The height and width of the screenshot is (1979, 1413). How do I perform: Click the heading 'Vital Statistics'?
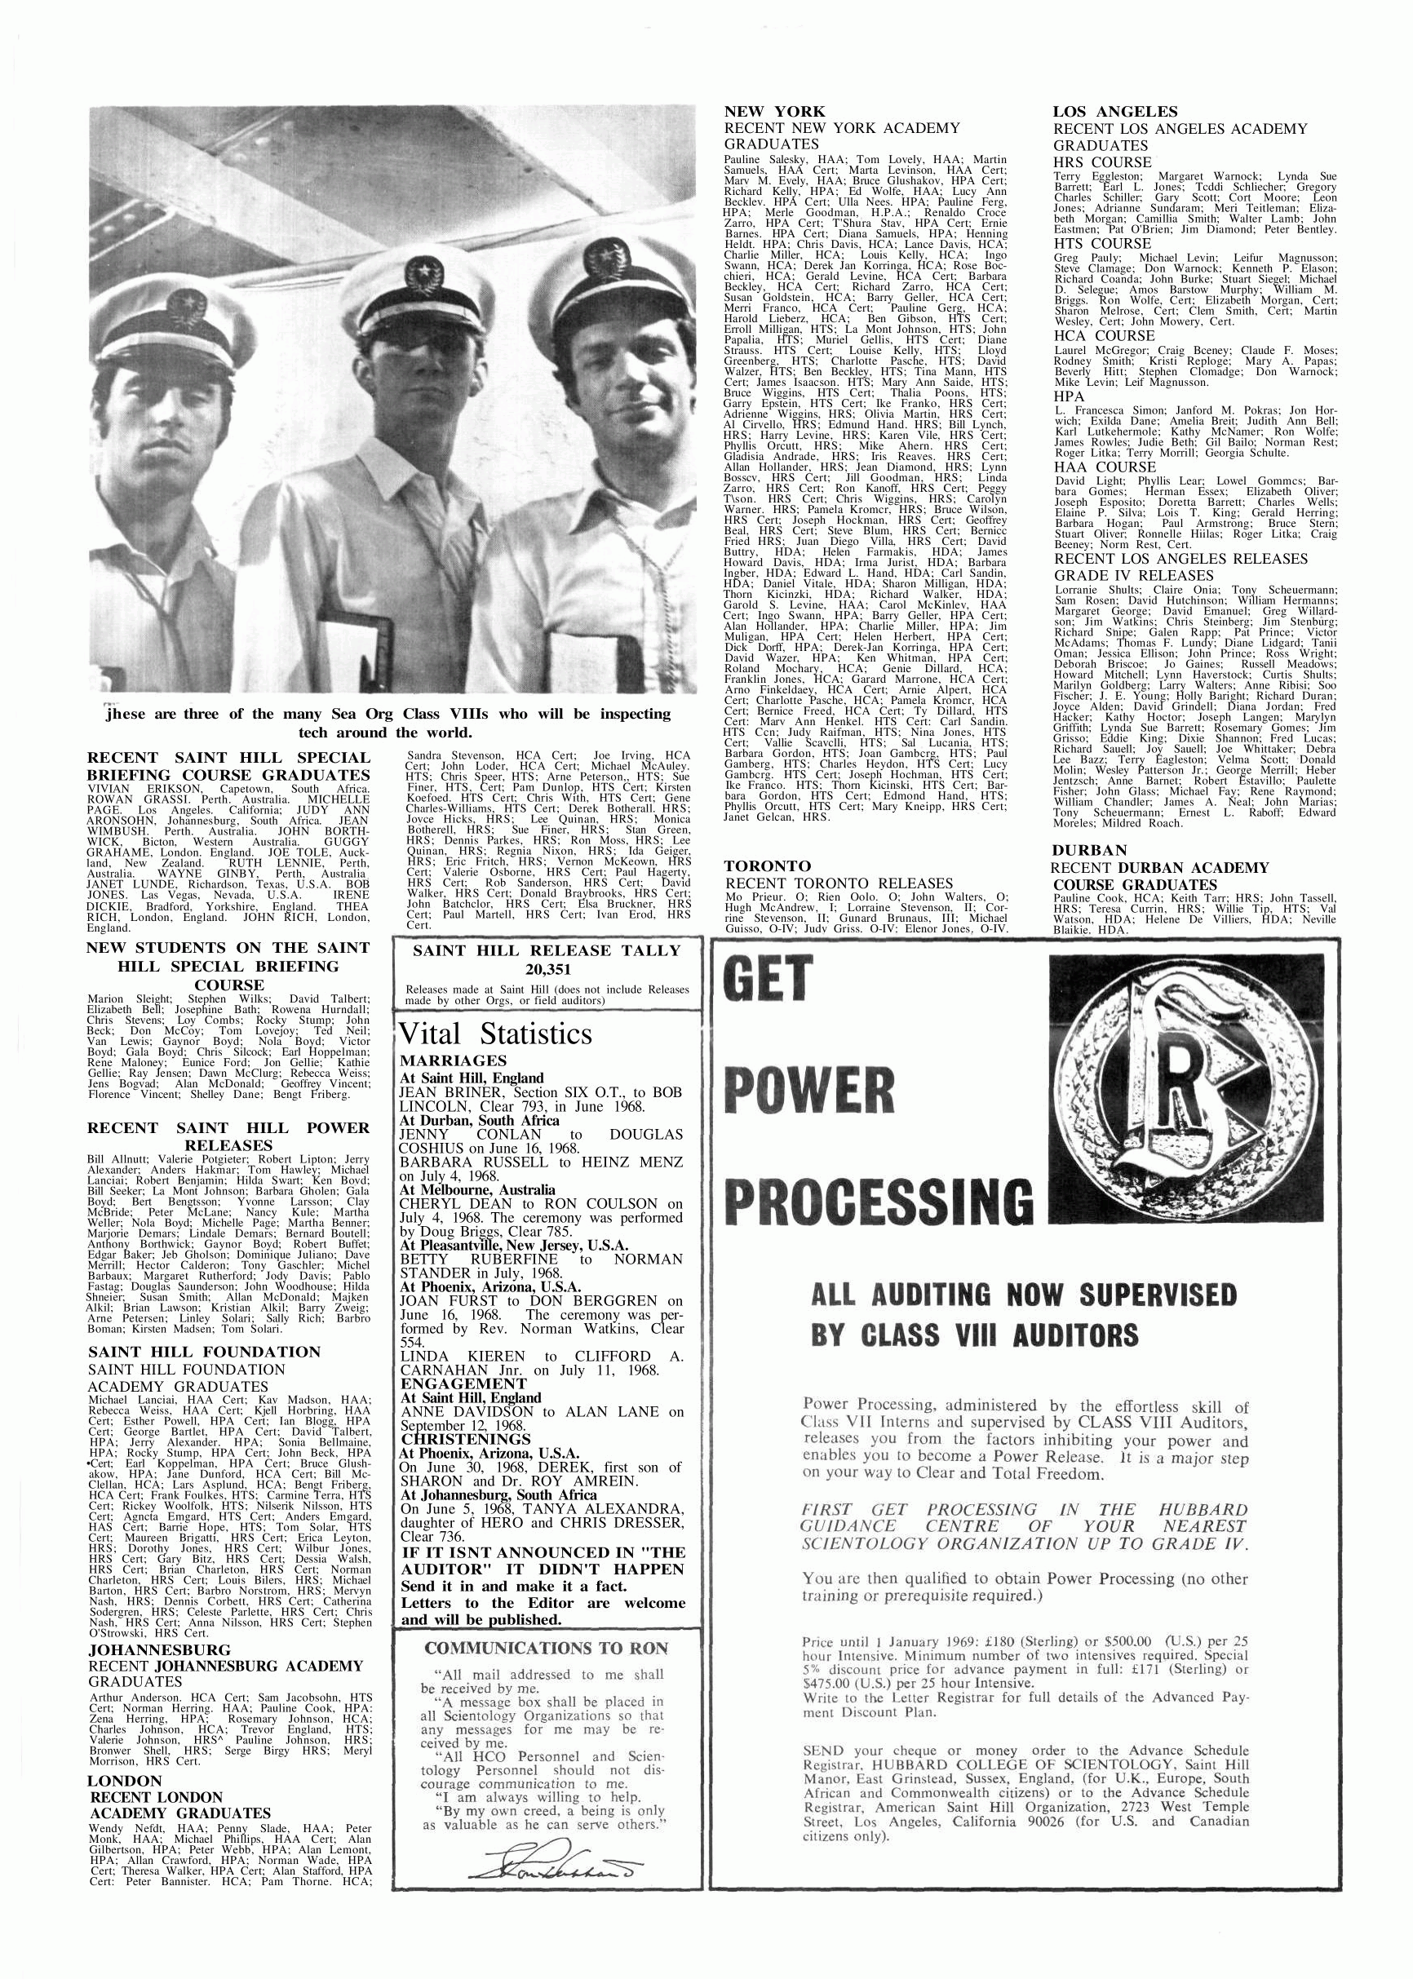[495, 1034]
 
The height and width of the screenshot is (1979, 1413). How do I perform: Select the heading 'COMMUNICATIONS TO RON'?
[547, 1648]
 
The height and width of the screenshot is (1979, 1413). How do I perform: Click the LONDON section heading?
[126, 1781]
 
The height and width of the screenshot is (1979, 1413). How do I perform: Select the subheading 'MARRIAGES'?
[453, 1060]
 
